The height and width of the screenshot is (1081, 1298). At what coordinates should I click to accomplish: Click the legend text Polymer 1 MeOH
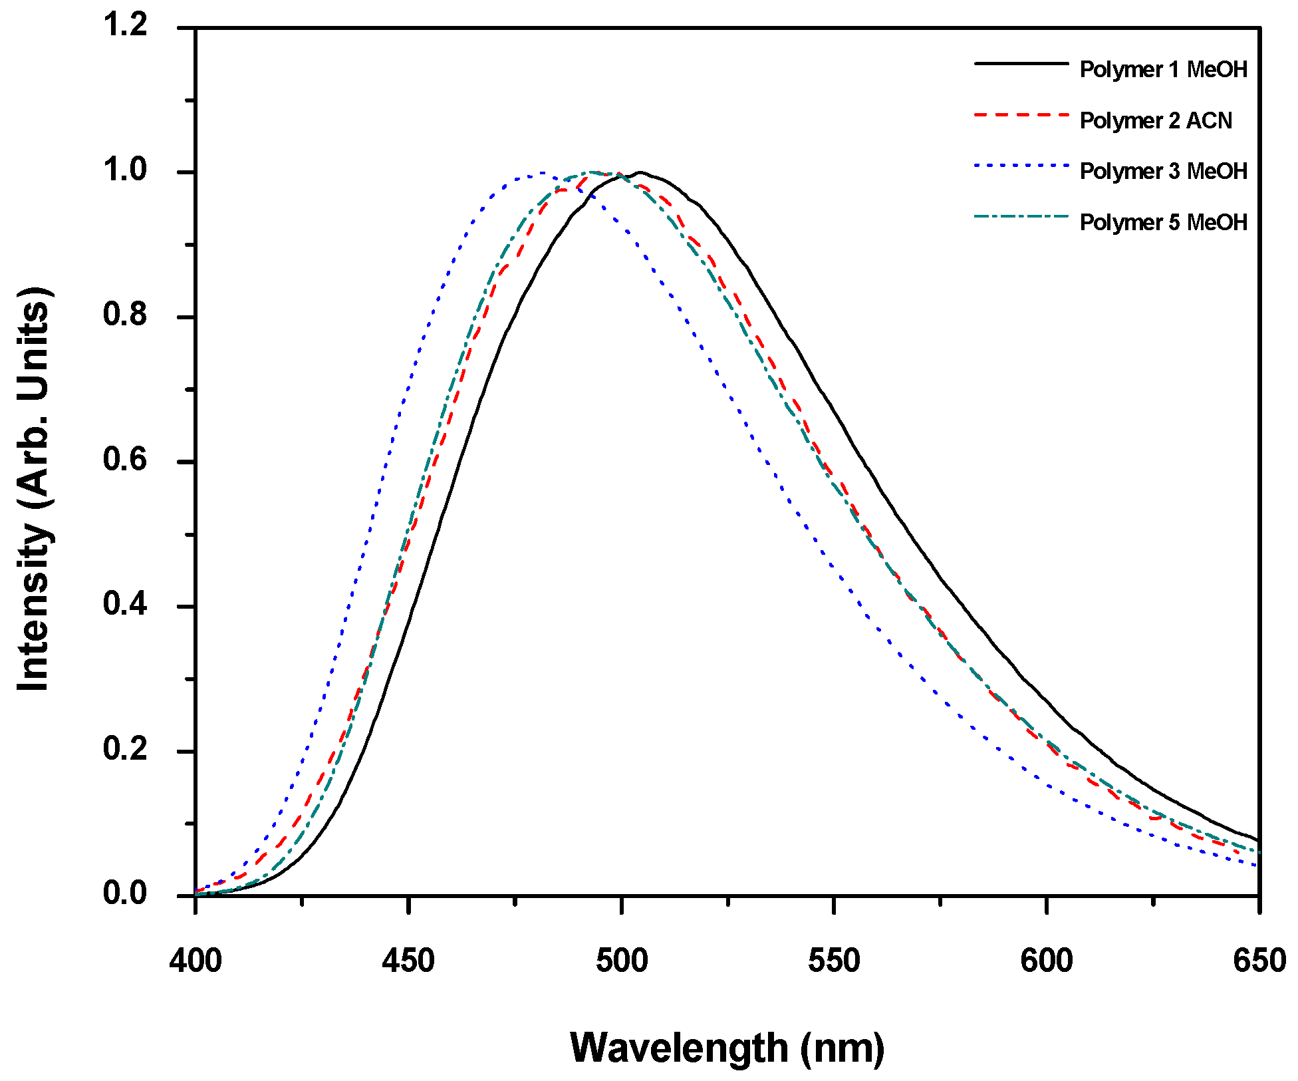coord(1163,69)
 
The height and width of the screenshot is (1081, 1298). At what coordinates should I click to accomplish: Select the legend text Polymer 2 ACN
coord(1156,120)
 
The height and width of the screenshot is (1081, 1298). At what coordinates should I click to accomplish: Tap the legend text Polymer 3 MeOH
coord(1163,171)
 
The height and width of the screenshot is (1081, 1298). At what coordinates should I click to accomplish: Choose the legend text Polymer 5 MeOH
coord(1163,222)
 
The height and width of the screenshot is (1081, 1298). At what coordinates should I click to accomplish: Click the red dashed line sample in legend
coord(1021,115)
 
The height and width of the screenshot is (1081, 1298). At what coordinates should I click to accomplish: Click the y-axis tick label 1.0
coord(125,170)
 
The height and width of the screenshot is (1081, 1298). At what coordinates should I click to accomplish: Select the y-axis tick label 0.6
coord(125,460)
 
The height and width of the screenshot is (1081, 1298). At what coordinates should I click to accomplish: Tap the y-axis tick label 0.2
coord(125,749)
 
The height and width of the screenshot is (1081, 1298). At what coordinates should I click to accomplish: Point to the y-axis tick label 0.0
coord(125,893)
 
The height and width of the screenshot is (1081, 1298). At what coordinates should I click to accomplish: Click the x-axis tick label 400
coord(195,961)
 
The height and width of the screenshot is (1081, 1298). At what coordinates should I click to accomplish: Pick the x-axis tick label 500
coord(621,961)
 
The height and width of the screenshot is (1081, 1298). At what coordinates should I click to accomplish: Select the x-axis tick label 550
coord(834,961)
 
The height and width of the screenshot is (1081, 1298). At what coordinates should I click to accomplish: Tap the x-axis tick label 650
coord(1259,961)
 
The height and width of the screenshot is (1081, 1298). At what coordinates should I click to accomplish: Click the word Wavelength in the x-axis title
coord(679,1048)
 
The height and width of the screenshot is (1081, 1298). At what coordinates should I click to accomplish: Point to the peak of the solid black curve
coord(640,172)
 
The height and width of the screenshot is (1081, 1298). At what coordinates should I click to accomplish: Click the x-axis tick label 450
coord(408,961)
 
